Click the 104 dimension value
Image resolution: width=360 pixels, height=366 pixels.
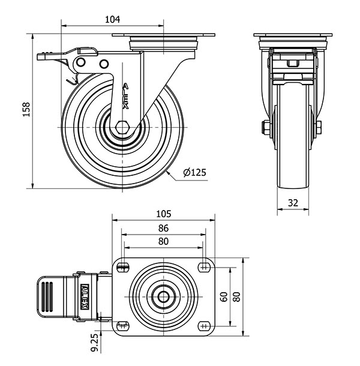tap(112, 19)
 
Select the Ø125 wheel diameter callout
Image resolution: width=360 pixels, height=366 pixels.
tap(194, 173)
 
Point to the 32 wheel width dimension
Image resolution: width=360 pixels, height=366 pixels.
tap(293, 203)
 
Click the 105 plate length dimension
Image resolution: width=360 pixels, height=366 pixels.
tap(163, 214)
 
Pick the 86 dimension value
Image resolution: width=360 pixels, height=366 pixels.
tap(163, 228)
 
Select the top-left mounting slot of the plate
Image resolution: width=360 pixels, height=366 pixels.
tap(123, 267)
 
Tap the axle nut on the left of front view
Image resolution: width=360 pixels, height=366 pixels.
tap(265, 127)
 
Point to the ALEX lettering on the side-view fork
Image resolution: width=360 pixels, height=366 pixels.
tap(125, 96)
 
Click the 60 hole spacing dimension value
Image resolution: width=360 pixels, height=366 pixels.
tap(224, 296)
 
